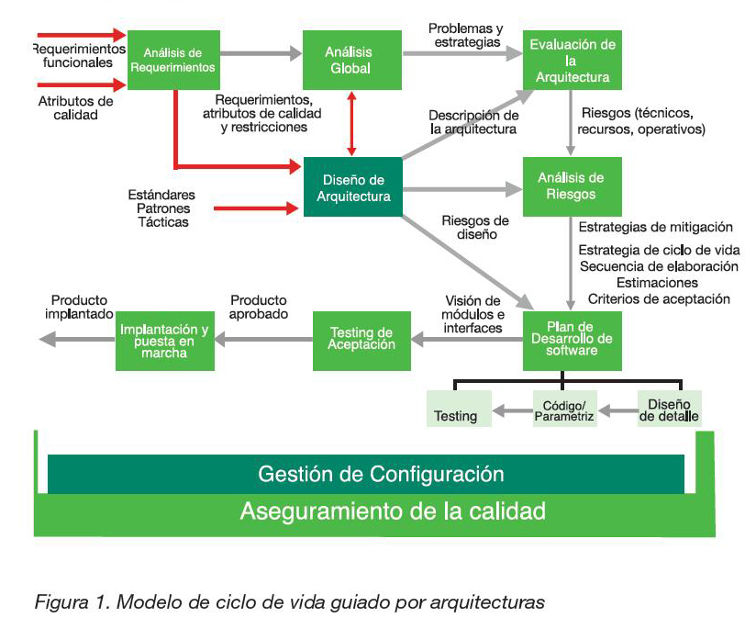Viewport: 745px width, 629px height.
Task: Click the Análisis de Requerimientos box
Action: [x=172, y=60]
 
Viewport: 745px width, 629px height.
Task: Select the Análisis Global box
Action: [x=349, y=60]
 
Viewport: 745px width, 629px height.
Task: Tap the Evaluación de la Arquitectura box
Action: [x=572, y=60]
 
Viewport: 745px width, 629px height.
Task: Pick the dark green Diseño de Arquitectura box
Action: [x=353, y=188]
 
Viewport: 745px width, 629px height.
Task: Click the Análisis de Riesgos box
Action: [x=572, y=186]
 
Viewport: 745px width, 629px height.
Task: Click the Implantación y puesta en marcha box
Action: [x=163, y=341]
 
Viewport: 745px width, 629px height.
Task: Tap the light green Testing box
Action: [x=456, y=410]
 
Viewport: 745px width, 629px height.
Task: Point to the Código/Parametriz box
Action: [x=563, y=410]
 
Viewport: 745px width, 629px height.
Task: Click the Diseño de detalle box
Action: [x=669, y=410]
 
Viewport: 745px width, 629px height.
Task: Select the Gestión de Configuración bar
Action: [x=366, y=474]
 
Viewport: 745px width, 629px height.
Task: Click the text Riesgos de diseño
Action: [x=475, y=227]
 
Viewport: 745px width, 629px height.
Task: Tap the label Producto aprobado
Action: [x=259, y=307]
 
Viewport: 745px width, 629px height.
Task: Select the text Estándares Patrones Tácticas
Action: [x=161, y=208]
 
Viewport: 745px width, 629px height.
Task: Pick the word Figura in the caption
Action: [x=58, y=603]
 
